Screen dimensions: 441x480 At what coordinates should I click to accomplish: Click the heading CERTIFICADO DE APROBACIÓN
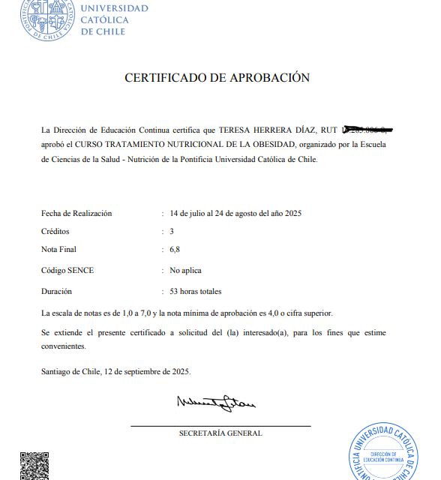217,77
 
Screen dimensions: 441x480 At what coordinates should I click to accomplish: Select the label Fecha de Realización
76,213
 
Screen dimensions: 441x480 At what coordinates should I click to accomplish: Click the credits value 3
172,231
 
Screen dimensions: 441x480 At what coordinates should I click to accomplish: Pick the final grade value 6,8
175,249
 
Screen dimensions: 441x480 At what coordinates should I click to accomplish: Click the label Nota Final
58,249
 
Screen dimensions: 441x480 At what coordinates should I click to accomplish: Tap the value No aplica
185,270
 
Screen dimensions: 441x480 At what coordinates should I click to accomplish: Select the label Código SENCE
67,270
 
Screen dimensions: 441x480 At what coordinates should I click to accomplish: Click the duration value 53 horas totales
196,291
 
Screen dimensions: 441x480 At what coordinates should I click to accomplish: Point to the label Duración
57,291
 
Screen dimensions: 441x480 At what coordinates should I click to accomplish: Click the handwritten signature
215,404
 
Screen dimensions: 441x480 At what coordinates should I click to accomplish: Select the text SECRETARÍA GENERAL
220,433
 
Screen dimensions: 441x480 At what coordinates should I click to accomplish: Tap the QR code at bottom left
34,466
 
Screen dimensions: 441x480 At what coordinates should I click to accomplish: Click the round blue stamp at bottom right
388,454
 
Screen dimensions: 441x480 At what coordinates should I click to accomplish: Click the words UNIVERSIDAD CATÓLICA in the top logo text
114,14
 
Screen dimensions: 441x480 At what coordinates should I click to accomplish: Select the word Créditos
55,231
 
